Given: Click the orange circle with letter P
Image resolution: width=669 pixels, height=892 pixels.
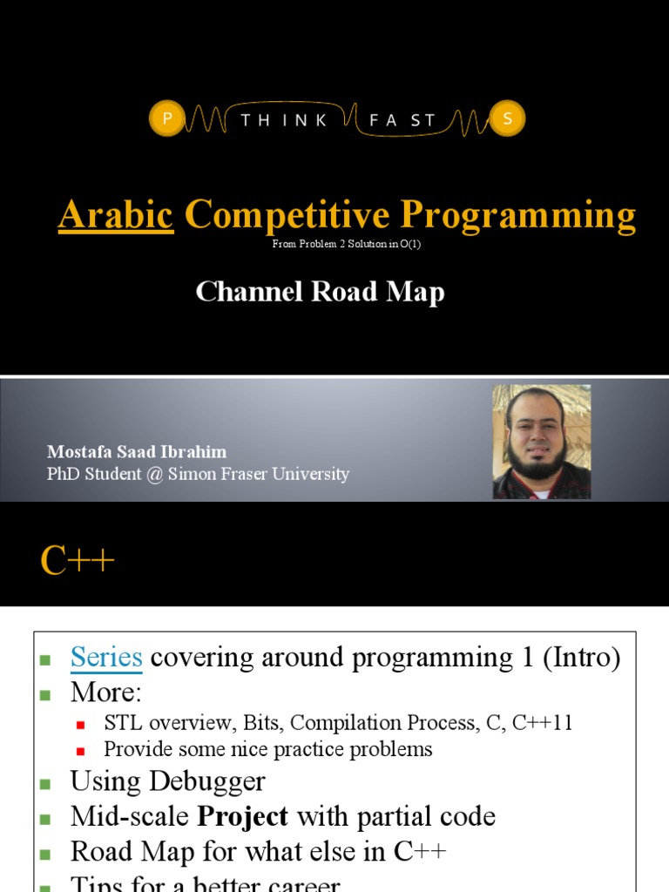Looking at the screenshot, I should pyautogui.click(x=166, y=120).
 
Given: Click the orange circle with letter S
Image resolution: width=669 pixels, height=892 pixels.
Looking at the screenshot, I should pyautogui.click(x=507, y=120).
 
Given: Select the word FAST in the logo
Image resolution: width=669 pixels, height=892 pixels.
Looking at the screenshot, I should pyautogui.click(x=402, y=121).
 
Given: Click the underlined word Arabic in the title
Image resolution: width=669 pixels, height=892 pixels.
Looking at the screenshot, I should pyautogui.click(x=116, y=214).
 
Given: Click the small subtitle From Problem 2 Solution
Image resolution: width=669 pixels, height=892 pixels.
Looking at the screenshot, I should pyautogui.click(x=347, y=244).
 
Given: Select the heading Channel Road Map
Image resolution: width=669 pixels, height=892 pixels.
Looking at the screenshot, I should pyautogui.click(x=320, y=292).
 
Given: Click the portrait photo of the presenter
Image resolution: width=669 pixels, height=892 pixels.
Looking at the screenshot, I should pyautogui.click(x=541, y=442).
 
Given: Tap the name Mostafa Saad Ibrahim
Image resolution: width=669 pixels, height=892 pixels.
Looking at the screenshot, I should pyautogui.click(x=137, y=452).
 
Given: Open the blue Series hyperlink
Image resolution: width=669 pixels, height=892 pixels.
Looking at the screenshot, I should pyautogui.click(x=106, y=658).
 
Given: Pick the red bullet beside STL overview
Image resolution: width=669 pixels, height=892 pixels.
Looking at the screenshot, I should pyautogui.click(x=81, y=725).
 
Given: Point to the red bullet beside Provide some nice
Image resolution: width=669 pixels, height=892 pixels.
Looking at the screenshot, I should pyautogui.click(x=81, y=750).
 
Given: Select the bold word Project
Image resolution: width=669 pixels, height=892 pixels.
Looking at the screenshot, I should pyautogui.click(x=242, y=816).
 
